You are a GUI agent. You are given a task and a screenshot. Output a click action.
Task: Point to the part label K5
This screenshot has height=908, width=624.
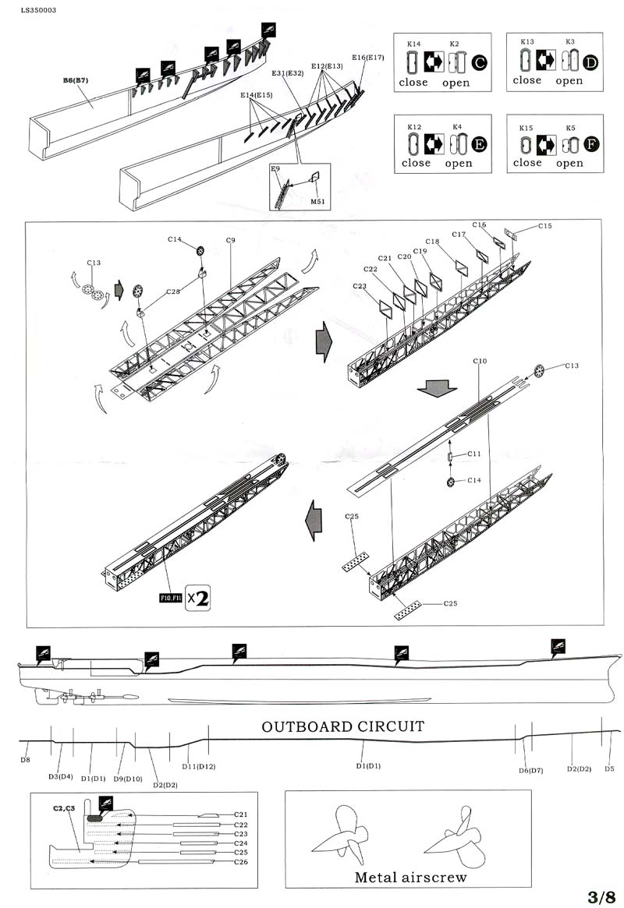pos(570,127)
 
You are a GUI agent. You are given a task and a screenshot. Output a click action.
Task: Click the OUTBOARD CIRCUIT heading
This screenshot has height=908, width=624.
pos(342,726)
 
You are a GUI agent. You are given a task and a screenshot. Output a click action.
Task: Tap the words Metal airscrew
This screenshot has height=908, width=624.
pos(410,877)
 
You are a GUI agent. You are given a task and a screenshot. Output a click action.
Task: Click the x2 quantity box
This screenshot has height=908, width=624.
pos(200,598)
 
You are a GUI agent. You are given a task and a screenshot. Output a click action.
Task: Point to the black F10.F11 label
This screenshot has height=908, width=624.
pos(169,599)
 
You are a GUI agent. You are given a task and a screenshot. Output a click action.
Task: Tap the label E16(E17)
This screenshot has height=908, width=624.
pos(367,58)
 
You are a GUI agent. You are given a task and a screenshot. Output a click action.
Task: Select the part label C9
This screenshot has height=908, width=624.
pos(231,241)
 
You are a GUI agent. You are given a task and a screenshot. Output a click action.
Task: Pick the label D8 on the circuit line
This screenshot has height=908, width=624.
pos(25,758)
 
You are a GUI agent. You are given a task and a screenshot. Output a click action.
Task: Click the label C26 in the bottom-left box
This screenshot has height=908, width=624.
pos(240,862)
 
